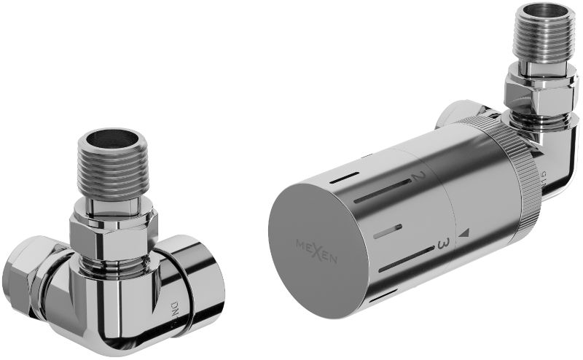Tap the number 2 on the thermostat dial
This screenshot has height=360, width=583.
[418, 177]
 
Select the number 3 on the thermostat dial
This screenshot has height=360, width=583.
[440, 245]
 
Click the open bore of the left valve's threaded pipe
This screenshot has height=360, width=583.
[115, 140]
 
